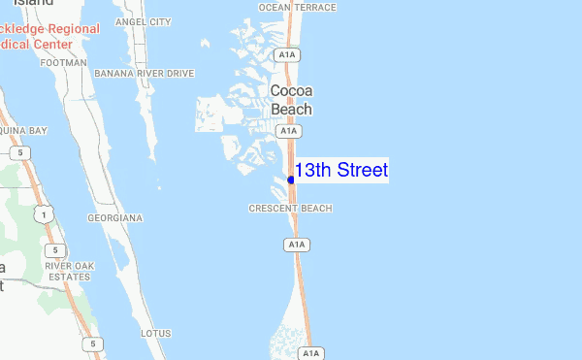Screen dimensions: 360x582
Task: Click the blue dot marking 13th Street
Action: tap(291, 180)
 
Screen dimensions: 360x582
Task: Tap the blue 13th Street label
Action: tap(341, 171)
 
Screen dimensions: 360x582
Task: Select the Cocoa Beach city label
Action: tap(291, 100)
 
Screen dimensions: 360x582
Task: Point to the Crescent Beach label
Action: tap(290, 209)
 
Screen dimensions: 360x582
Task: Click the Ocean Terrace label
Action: tap(298, 7)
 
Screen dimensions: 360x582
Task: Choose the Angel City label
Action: tap(143, 21)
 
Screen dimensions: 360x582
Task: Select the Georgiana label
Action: tap(114, 218)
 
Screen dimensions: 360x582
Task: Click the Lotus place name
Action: tap(156, 333)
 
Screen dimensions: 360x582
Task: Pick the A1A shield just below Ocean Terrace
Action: tap(286, 56)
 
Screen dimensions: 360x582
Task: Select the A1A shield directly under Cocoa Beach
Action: tap(287, 131)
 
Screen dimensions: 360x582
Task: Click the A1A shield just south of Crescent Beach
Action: tap(297, 245)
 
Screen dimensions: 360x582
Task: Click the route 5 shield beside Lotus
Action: tap(92, 343)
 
